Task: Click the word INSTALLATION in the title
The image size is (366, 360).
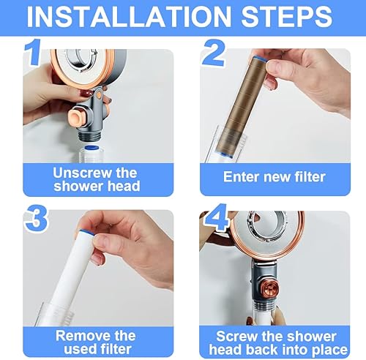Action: coord(129,17)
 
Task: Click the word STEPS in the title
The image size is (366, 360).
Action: coord(287,17)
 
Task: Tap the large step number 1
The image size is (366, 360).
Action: coord(33,52)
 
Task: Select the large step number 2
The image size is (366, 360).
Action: coord(214,53)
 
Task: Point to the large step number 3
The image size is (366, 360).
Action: coord(37,219)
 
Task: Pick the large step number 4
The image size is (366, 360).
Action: coord(216,217)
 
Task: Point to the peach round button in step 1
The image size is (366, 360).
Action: coord(77,118)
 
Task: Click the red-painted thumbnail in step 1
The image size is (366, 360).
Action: coord(87,94)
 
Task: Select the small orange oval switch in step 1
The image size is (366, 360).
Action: coord(99,94)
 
